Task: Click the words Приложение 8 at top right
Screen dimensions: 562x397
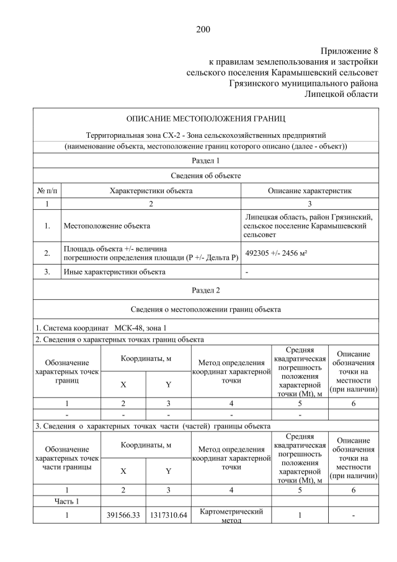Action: click(x=349, y=50)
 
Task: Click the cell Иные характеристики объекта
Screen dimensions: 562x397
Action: click(x=113, y=271)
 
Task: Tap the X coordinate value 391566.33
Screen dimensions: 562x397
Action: click(x=123, y=515)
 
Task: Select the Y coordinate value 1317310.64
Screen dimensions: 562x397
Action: click(x=169, y=515)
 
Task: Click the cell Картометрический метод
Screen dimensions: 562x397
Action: click(x=231, y=515)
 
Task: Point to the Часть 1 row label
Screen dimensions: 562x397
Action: click(x=67, y=501)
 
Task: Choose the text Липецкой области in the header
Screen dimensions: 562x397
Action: click(x=341, y=93)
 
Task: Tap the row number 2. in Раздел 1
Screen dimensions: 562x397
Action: click(x=47, y=253)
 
